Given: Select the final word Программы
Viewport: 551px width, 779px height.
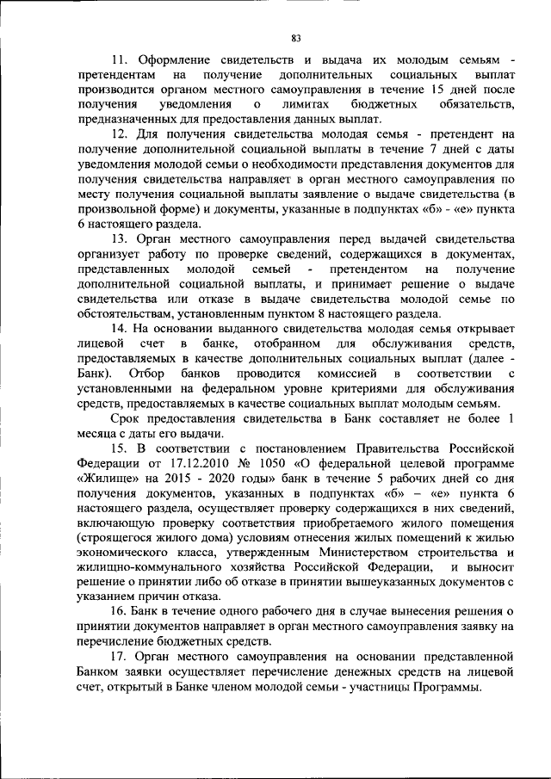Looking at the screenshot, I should [449, 685].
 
